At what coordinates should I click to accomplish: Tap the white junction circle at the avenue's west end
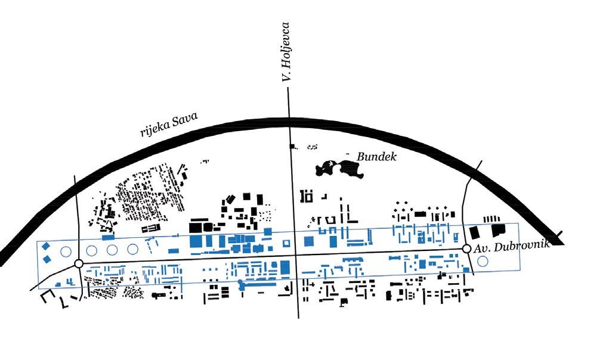(78, 263)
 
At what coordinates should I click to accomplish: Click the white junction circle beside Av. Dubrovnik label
(466, 249)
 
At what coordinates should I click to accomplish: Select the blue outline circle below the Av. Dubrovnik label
(483, 260)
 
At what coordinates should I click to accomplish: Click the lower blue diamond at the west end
(47, 258)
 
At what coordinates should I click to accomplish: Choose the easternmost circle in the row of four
(132, 249)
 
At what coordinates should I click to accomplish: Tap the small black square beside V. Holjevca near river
(292, 146)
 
